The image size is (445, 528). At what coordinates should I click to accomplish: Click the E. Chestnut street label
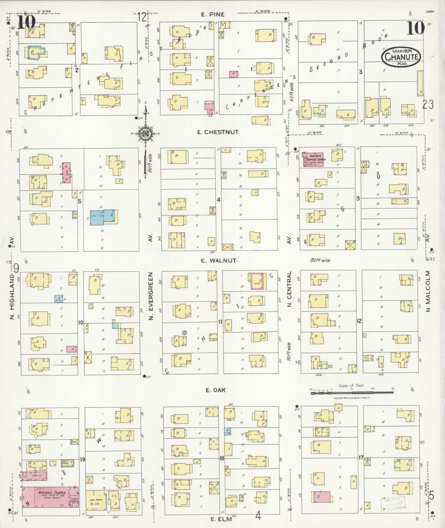pyautogui.click(x=218, y=132)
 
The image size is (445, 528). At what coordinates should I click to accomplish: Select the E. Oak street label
pyautogui.click(x=216, y=390)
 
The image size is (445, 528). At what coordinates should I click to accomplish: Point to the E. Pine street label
pyautogui.click(x=213, y=15)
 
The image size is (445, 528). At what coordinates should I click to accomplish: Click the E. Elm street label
pyautogui.click(x=221, y=519)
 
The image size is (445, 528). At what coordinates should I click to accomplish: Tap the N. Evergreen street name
pyautogui.click(x=151, y=296)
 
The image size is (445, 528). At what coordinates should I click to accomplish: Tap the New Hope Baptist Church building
pyautogui.click(x=312, y=160)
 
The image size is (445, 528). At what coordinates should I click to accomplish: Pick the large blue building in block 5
pyautogui.click(x=103, y=217)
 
